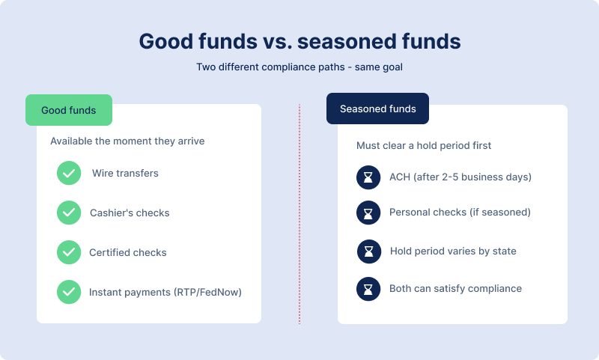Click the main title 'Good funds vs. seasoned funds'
point(299,40)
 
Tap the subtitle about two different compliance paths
point(299,67)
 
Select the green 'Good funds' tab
point(69,110)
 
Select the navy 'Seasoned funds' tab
point(377,109)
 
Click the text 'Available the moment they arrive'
point(127,141)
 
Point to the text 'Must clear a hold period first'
point(425,145)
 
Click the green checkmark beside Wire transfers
point(69,173)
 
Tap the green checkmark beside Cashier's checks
point(69,213)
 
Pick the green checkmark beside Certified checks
point(69,252)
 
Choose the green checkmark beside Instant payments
point(69,292)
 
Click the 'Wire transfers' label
point(125,173)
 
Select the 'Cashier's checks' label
point(130,213)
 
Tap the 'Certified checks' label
point(129,252)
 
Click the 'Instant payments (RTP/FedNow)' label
point(165,292)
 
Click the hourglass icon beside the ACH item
point(368,177)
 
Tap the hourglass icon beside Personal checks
point(368,213)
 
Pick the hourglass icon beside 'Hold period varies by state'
point(368,251)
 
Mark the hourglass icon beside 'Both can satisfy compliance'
point(368,288)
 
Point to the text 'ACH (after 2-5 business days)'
point(460,177)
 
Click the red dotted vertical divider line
point(299,213)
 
